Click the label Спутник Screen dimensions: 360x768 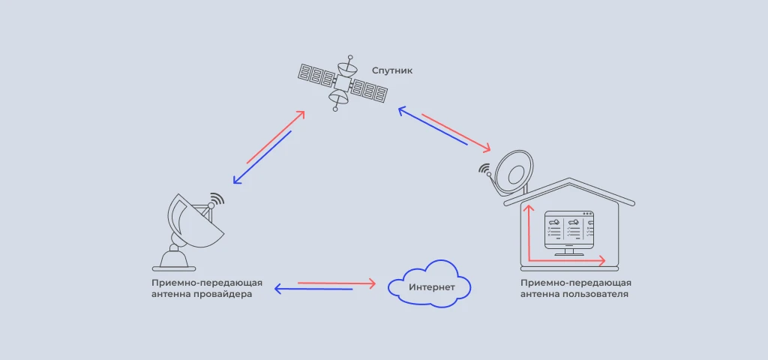[x=392, y=70]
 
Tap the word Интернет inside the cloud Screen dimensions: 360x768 [x=430, y=288]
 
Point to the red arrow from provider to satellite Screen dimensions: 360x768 [x=275, y=136]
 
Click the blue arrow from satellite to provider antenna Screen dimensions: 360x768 [x=262, y=157]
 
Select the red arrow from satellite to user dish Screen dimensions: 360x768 [x=456, y=129]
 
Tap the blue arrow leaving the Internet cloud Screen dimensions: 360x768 [x=313, y=289]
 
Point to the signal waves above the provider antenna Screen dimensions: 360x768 [x=217, y=200]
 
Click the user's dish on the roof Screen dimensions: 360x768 [x=512, y=171]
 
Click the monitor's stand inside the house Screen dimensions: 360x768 [x=568, y=252]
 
